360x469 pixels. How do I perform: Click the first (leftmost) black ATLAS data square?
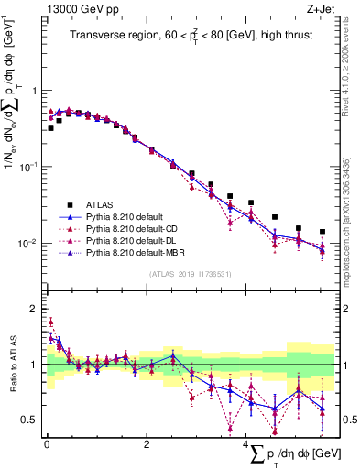tap(50, 128)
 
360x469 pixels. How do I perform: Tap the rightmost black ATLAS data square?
tap(322, 232)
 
